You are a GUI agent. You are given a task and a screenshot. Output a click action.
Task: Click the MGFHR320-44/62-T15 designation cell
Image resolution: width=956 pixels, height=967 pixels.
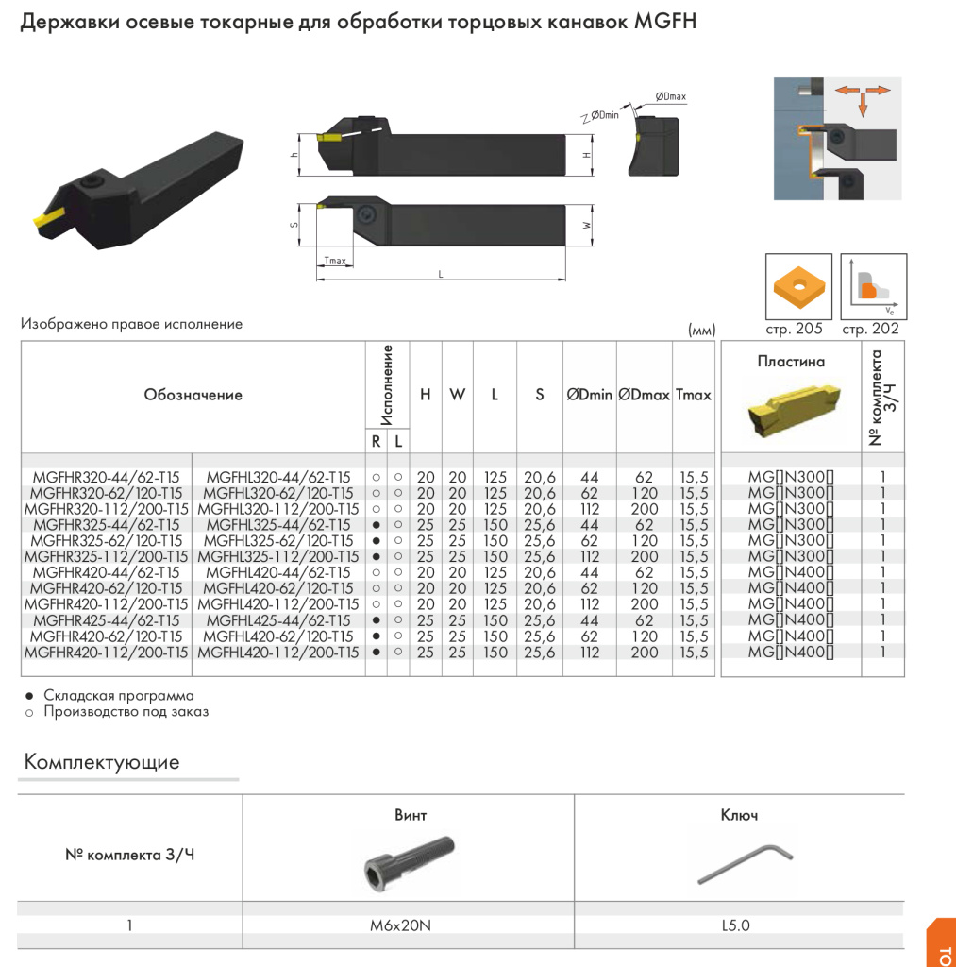(x=106, y=478)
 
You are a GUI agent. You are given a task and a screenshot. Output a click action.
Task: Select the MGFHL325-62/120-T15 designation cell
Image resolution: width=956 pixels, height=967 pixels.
(x=278, y=541)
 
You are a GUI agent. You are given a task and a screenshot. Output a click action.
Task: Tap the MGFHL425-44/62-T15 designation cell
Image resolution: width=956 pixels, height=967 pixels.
(x=278, y=620)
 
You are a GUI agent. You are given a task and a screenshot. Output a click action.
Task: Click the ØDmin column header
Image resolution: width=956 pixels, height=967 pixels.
(x=590, y=396)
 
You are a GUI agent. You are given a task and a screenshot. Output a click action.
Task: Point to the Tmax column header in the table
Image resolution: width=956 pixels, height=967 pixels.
(x=693, y=396)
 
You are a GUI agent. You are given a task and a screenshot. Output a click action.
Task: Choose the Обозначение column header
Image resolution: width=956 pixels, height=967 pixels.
(x=193, y=396)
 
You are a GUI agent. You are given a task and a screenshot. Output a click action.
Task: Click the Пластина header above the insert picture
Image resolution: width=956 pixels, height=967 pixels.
(x=791, y=362)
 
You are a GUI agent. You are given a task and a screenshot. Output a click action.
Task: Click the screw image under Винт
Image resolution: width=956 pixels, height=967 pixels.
(x=408, y=859)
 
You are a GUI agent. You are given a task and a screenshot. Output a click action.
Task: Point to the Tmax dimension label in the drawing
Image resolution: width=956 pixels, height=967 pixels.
(x=335, y=262)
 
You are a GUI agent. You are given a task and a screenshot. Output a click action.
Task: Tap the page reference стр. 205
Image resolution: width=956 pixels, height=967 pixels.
(x=795, y=330)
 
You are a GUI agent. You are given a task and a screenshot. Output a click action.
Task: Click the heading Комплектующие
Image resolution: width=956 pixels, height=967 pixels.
(x=101, y=762)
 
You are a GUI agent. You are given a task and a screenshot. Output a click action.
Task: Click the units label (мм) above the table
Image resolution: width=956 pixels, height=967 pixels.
(x=703, y=331)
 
